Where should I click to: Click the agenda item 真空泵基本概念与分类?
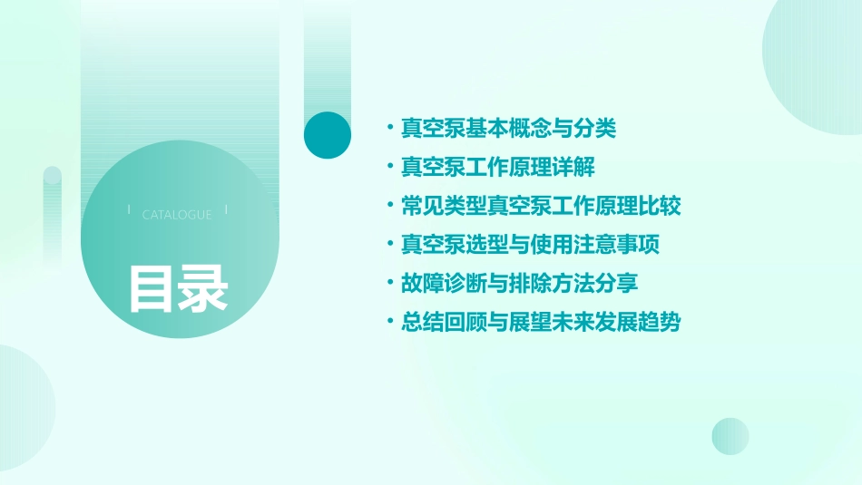tap(508, 129)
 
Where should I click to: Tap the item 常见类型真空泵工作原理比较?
tap(541, 206)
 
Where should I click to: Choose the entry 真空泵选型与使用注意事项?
tap(530, 245)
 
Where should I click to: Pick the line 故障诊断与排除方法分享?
tap(519, 283)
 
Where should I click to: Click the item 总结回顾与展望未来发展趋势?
tap(541, 322)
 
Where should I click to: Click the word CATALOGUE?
tap(177, 215)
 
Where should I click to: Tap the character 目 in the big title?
tap(152, 288)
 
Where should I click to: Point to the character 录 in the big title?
tap(202, 288)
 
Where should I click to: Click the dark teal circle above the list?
tap(328, 135)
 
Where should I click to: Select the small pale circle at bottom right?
tap(730, 436)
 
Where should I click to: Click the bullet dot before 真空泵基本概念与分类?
tap(390, 130)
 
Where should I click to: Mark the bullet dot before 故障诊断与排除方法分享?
tap(390, 284)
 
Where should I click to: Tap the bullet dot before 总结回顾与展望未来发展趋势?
tap(390, 323)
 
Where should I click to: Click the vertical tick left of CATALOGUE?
tap(129, 209)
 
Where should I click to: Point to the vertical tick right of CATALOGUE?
tap(226, 209)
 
